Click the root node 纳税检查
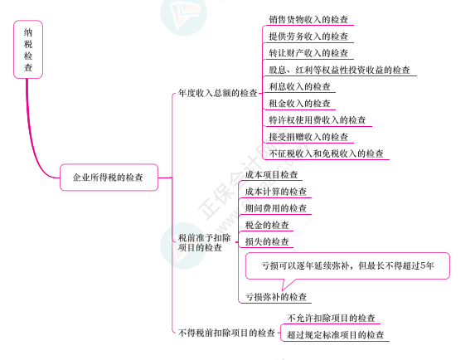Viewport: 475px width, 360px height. point(28,50)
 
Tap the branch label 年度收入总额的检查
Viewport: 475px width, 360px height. point(218,93)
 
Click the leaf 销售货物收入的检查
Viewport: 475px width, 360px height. point(308,20)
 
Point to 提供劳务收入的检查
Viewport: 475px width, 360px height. point(308,36)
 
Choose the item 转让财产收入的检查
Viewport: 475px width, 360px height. point(308,53)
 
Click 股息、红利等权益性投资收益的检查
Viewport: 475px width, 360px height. point(339,70)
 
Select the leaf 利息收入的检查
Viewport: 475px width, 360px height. point(299,86)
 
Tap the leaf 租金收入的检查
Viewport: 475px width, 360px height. point(299,104)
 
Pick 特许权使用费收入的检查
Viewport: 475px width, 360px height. point(317,120)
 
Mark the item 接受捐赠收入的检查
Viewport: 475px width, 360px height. point(308,137)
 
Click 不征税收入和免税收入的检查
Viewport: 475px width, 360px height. point(326,153)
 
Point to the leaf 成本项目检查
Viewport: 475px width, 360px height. point(271,175)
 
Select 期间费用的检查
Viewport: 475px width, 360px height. point(276,208)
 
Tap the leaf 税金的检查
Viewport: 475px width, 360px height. point(267,225)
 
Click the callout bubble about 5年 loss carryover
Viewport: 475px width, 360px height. point(347,265)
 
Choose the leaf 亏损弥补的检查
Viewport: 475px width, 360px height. point(276,297)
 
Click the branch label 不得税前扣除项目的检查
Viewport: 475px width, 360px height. point(226,333)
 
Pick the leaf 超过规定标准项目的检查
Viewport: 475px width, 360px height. point(336,335)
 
